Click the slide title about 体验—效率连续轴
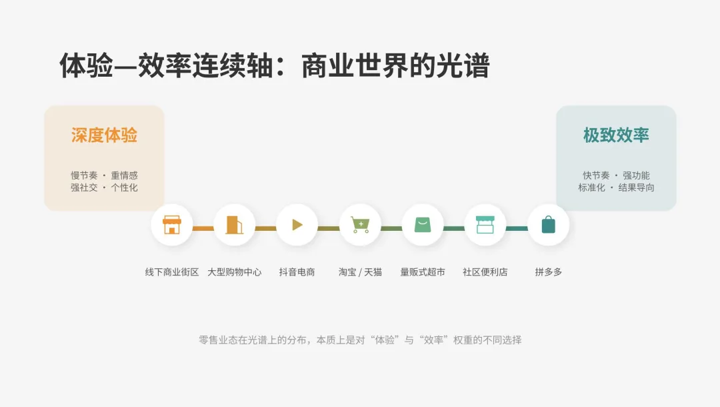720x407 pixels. coord(275,66)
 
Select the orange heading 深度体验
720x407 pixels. coord(104,135)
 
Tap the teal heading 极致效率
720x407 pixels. coord(616,135)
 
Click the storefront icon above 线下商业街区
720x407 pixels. coord(172,225)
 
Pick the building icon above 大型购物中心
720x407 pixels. coord(235,225)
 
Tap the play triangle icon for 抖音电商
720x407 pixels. coord(297,225)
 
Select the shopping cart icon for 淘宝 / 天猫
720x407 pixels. coord(360,225)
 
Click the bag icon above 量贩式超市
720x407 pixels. coord(423,225)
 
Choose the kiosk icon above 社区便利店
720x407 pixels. coord(485,225)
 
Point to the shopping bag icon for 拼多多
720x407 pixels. coord(548,225)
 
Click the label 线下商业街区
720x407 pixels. coord(172,272)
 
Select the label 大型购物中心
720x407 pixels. coord(235,272)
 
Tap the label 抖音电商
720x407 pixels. coord(297,272)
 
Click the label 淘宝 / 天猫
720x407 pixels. coord(360,272)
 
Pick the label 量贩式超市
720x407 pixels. coord(423,272)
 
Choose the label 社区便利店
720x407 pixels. coord(485,272)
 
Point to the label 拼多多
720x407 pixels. coord(548,272)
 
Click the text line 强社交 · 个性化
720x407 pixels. coord(104,188)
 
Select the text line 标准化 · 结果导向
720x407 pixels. coord(616,188)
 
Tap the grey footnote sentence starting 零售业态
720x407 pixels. coord(360,340)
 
